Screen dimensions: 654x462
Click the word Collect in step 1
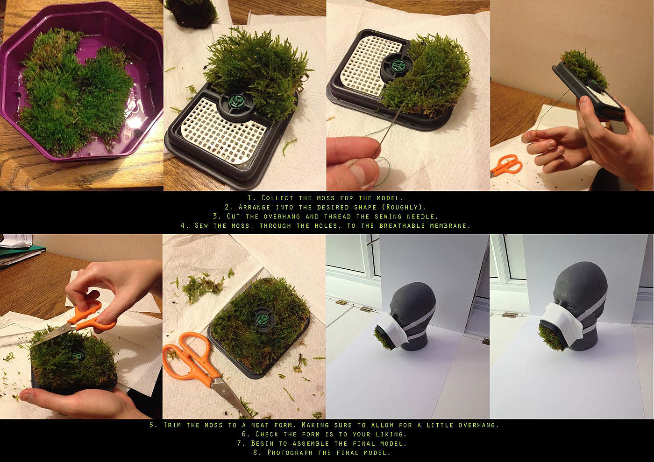(x=277, y=198)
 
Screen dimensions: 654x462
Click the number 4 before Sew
(x=183, y=226)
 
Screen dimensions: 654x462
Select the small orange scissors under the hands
(x=506, y=165)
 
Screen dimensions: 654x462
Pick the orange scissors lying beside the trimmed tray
(x=201, y=371)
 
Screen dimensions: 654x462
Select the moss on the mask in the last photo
(x=552, y=338)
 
